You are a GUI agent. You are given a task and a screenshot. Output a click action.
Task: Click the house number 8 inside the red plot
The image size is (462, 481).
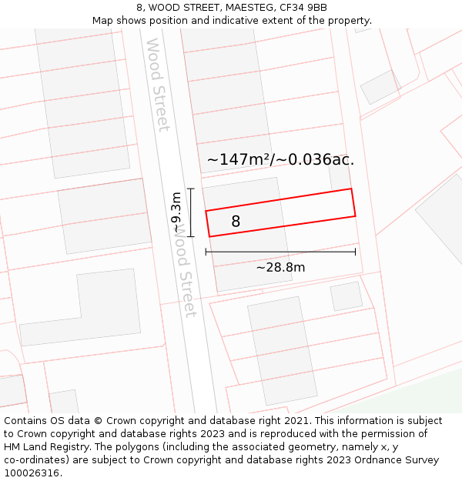coord(236,222)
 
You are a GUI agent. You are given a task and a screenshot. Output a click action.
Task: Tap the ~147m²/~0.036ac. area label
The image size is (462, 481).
coord(280,160)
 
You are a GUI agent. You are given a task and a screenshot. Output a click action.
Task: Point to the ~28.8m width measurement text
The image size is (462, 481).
coord(280,268)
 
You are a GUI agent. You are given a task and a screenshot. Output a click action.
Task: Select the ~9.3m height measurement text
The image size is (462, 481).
coord(177,212)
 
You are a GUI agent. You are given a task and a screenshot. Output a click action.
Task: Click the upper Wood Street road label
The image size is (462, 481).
coord(157,85)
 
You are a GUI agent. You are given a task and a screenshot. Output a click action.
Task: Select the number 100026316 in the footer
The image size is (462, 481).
coord(32,473)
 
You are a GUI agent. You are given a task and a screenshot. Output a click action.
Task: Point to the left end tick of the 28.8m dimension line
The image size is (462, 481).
coord(206,252)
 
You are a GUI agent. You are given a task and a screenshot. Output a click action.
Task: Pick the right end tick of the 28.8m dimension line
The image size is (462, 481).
coord(355,252)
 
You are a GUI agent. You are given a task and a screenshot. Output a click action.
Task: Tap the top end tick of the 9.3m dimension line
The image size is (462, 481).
coord(191,189)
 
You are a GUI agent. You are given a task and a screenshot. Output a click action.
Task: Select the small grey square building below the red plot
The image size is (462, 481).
coord(346,296)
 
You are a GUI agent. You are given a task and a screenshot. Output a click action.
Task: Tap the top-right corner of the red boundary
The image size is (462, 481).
coord(352,189)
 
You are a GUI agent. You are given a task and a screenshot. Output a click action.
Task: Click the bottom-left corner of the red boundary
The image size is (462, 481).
coord(209,236)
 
